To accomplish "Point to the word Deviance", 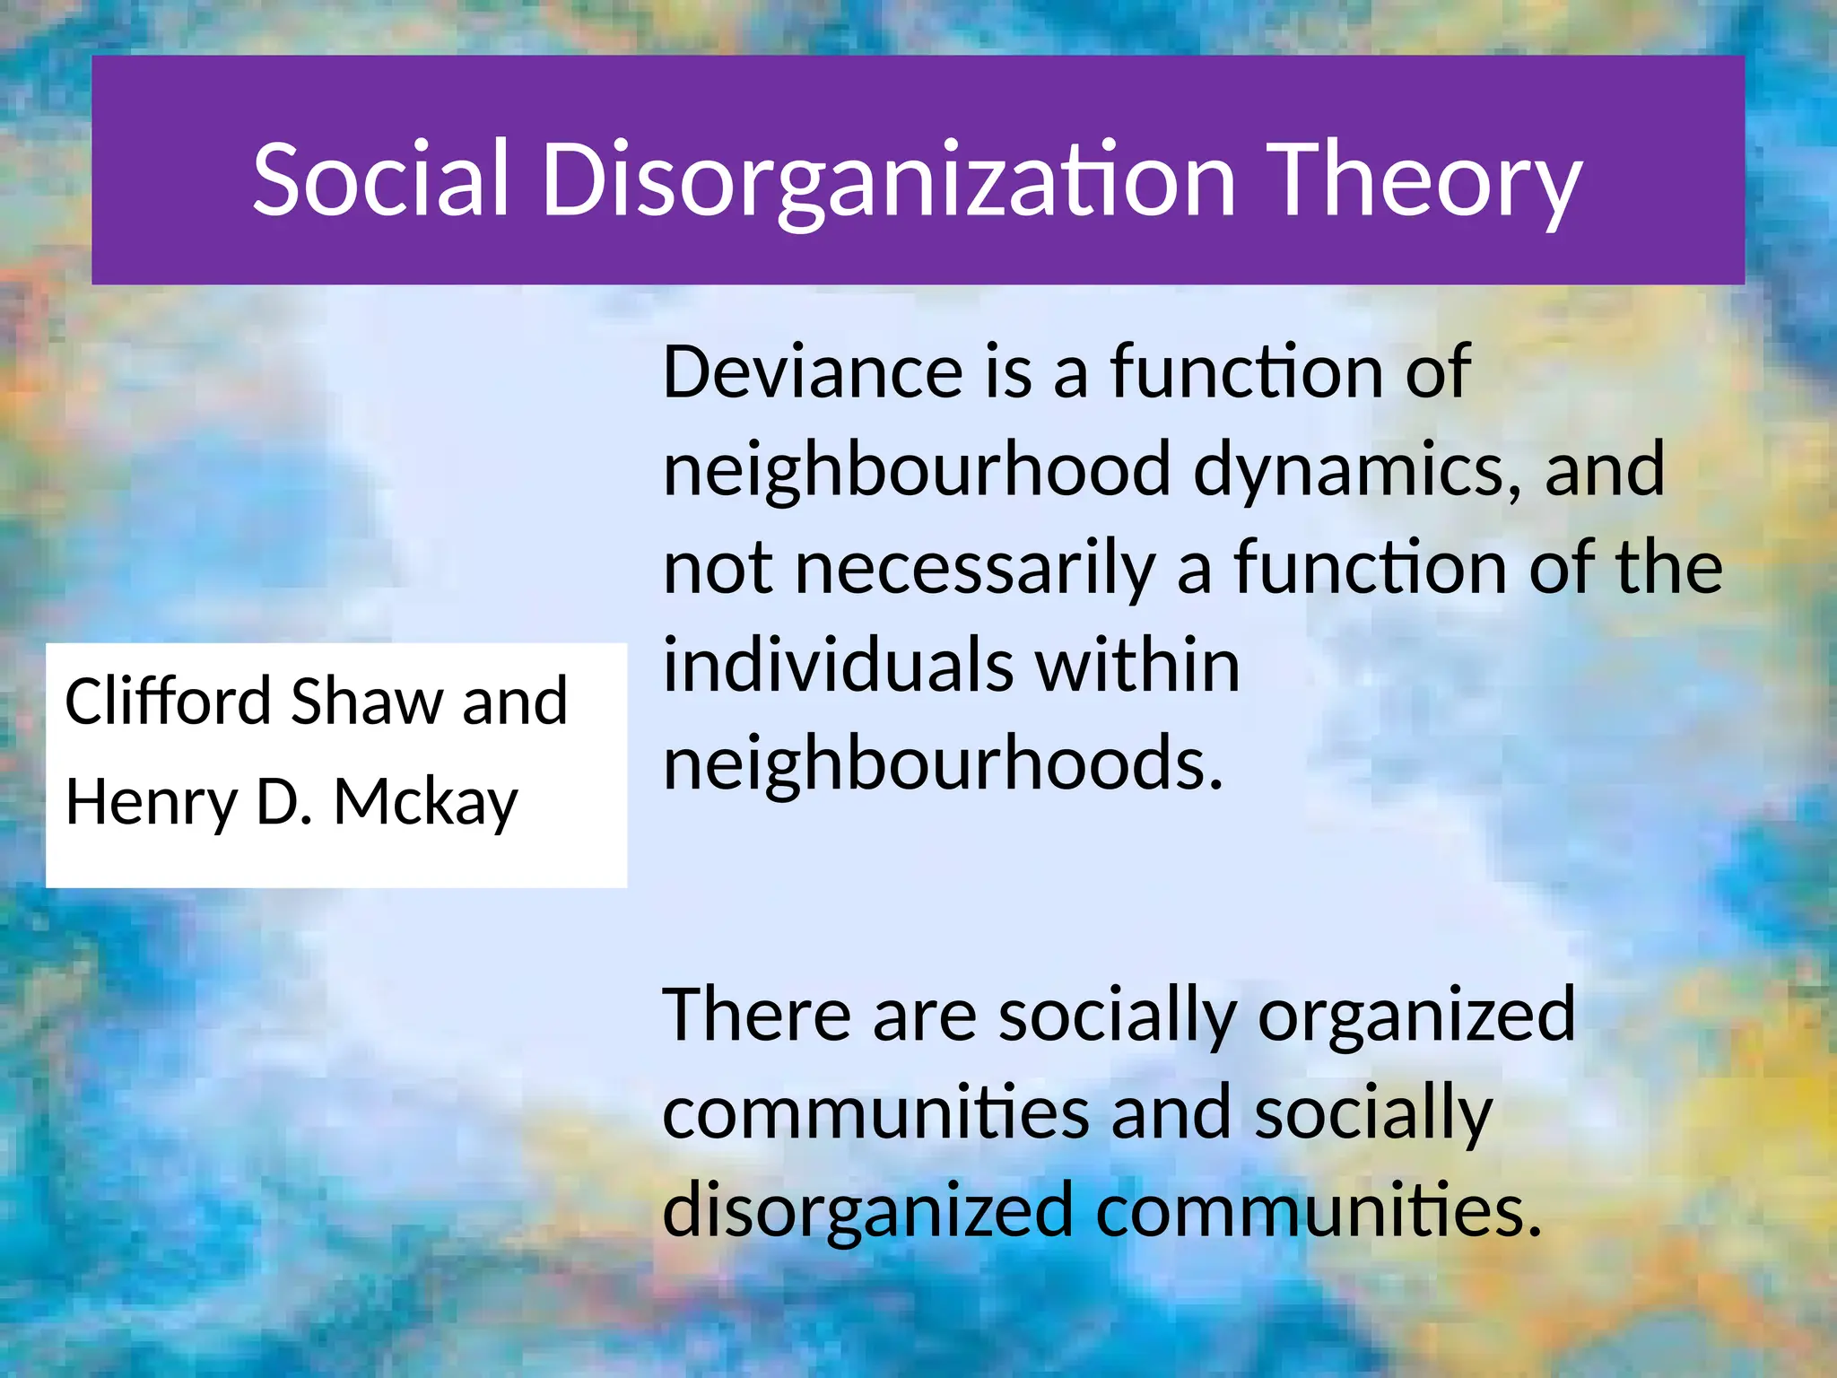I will click(x=813, y=372).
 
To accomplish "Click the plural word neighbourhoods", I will click(x=943, y=763).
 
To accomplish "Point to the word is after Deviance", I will click(x=1008, y=372).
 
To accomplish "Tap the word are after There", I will click(x=925, y=1015).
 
